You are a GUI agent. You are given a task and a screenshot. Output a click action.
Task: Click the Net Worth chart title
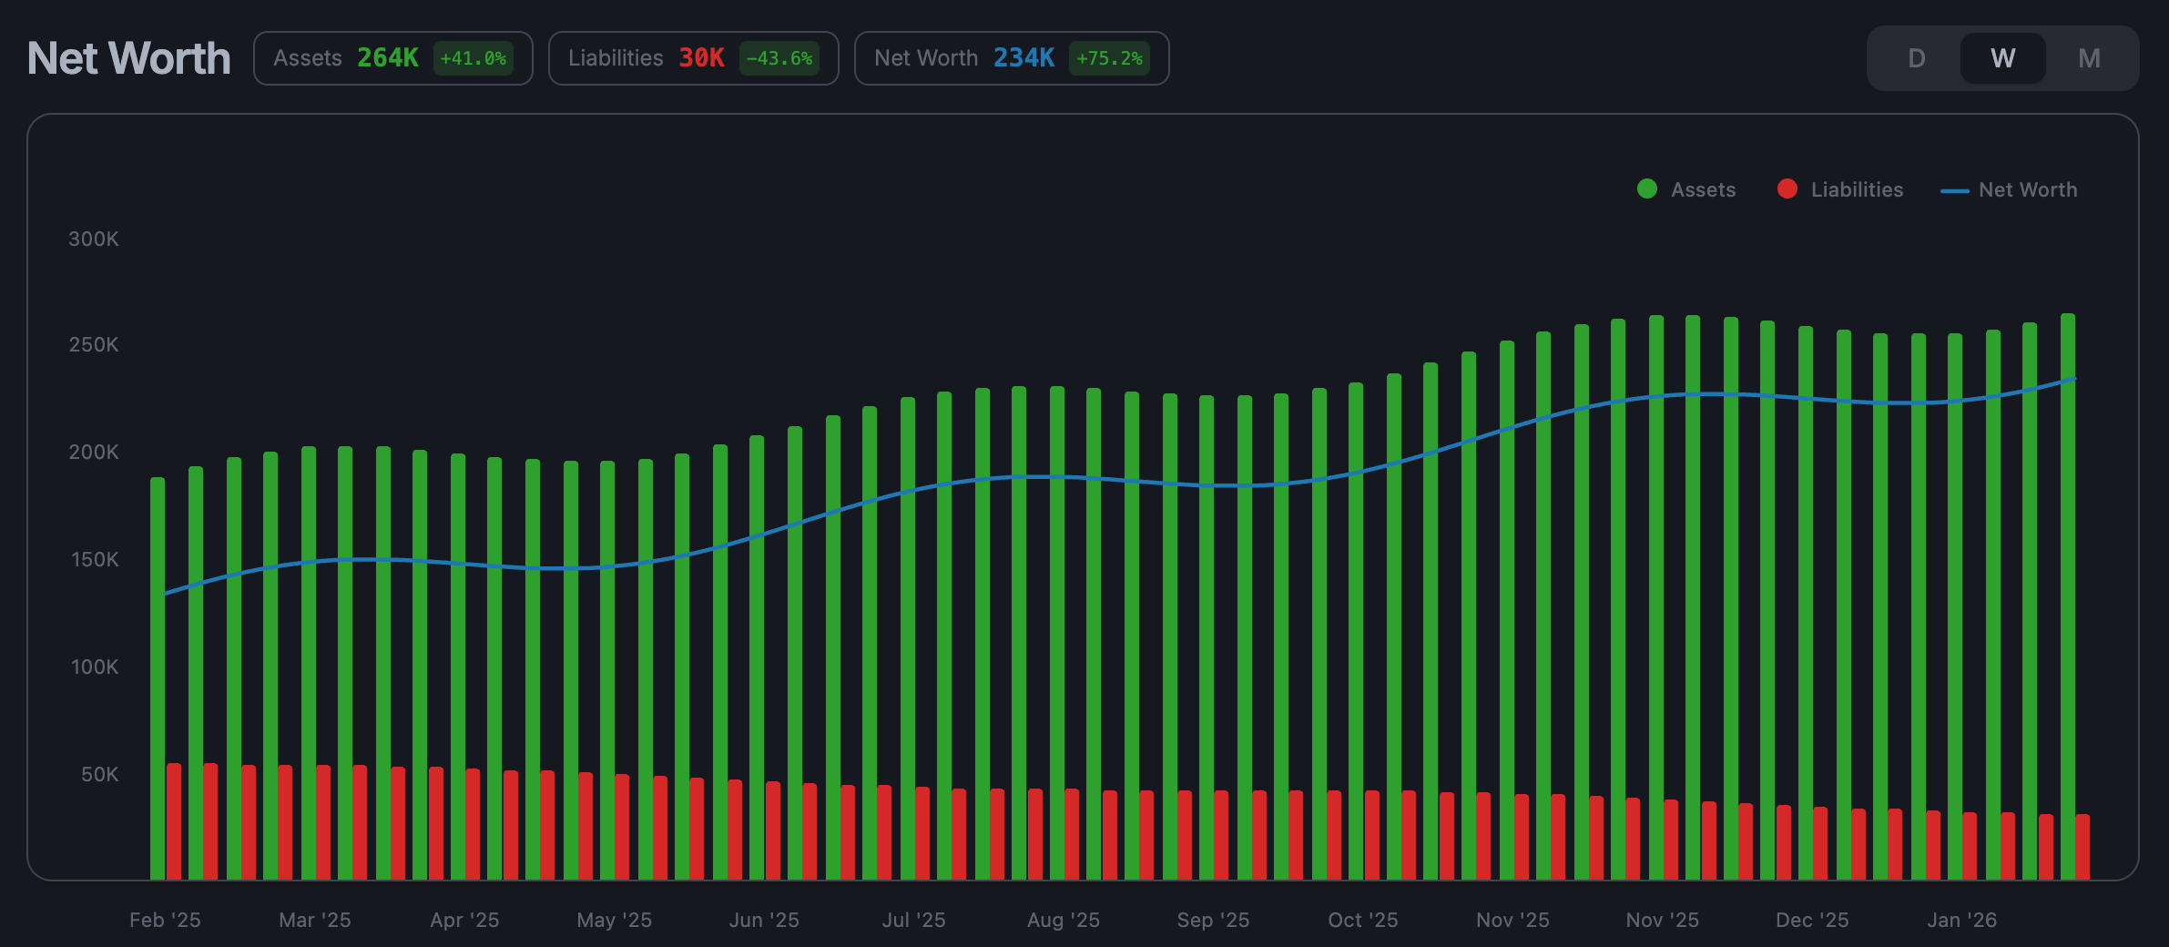tap(128, 58)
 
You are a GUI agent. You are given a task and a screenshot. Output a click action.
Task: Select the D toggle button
tap(1916, 58)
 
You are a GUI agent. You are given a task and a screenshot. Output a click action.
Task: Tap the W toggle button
tap(2002, 58)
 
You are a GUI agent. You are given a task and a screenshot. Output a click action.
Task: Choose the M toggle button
tap(2089, 58)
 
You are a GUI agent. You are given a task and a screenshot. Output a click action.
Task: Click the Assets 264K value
tap(387, 58)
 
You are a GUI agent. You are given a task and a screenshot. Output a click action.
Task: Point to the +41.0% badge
tap(473, 58)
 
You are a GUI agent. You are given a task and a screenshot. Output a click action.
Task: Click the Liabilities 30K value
tap(701, 58)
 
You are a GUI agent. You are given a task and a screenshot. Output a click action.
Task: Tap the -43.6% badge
tap(779, 58)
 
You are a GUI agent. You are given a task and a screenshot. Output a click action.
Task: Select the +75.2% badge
tap(1108, 58)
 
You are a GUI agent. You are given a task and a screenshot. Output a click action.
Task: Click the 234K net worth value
tap(1023, 58)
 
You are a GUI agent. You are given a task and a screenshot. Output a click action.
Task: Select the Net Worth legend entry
tap(2010, 189)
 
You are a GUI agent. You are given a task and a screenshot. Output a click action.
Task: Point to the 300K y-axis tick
tap(94, 239)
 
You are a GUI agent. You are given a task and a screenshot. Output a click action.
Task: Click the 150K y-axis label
tap(95, 559)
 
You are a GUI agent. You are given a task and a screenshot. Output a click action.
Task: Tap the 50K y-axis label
tap(99, 774)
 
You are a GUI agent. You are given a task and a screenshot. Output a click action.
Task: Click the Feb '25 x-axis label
tap(165, 920)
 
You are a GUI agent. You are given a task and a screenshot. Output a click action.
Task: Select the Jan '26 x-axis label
tap(1961, 920)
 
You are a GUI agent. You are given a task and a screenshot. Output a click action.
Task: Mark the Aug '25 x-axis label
tap(1063, 920)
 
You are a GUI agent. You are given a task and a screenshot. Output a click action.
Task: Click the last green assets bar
tap(2068, 592)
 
